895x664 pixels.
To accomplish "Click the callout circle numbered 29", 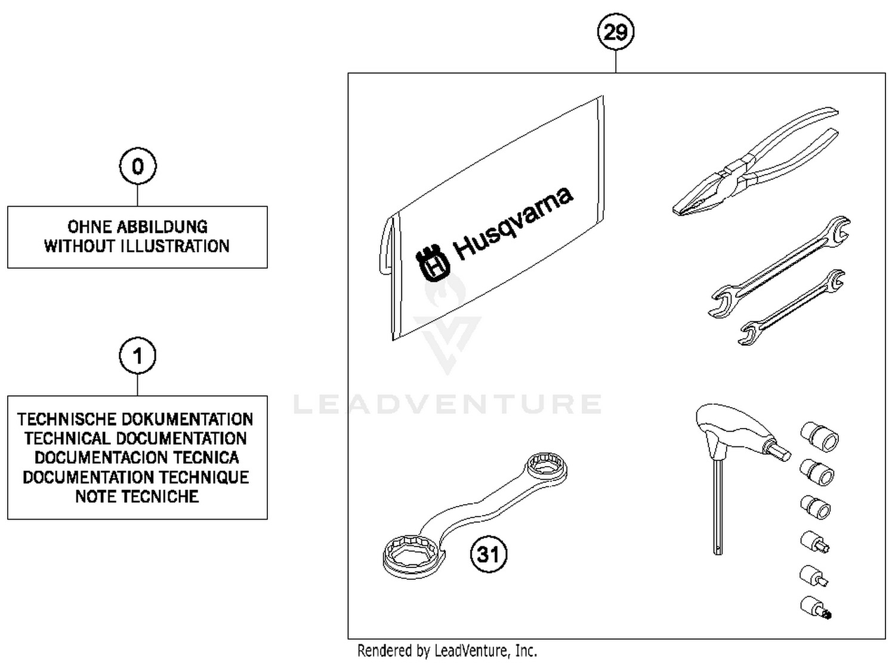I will [x=615, y=32].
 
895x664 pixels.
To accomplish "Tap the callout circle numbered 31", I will [x=489, y=554].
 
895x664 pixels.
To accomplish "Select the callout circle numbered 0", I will [x=137, y=166].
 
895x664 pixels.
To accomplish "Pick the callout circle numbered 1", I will [x=137, y=356].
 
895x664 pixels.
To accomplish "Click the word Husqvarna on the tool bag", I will [x=513, y=224].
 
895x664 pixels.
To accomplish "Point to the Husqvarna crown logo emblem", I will [x=433, y=262].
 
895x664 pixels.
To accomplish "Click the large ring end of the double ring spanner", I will [x=412, y=554].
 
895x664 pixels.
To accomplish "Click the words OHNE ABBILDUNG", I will [x=137, y=226].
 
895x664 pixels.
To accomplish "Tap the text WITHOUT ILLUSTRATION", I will [x=137, y=246].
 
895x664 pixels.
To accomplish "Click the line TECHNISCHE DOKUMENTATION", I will [x=135, y=419].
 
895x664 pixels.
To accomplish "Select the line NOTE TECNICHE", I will [x=137, y=497].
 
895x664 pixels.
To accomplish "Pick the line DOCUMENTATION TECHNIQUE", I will [x=136, y=477].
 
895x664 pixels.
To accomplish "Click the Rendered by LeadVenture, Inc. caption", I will [x=447, y=650].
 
